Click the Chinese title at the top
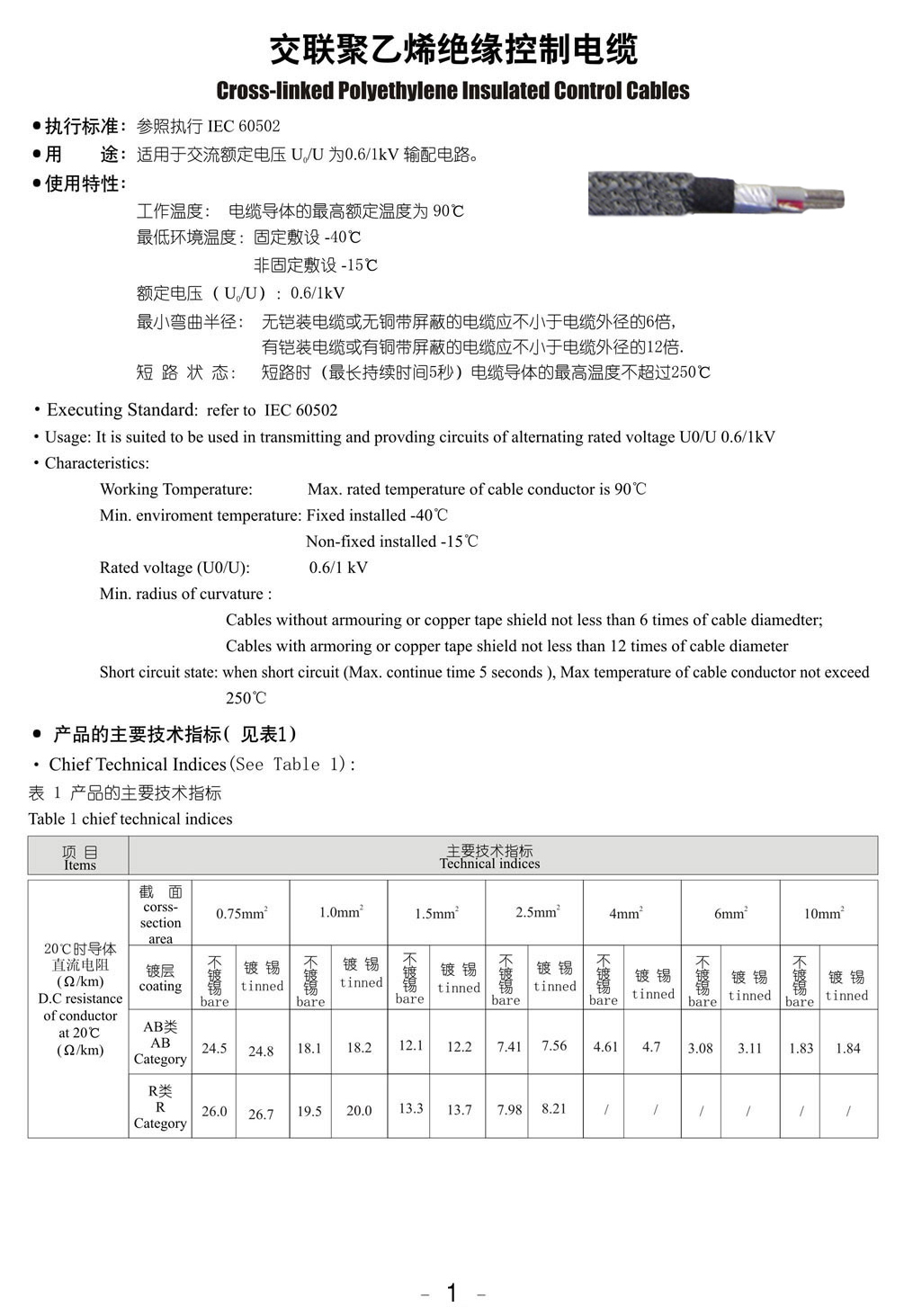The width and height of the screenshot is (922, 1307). point(453,50)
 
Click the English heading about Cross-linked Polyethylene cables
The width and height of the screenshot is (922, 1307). point(452,91)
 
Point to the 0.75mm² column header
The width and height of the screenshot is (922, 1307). point(241,913)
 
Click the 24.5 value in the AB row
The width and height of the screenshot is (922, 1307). point(214,1048)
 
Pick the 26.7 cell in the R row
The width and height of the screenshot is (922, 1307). point(261,1114)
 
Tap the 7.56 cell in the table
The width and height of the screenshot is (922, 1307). point(554,1045)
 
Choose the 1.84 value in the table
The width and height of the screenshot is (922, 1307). point(847,1048)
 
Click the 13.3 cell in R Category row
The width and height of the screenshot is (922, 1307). point(411,1108)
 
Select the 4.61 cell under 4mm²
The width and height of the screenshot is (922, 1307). point(605,1047)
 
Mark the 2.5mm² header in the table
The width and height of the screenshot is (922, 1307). point(537,912)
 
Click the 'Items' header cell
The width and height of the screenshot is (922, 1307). point(79,857)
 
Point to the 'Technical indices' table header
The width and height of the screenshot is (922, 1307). point(489,856)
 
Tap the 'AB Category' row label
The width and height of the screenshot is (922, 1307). point(160,1043)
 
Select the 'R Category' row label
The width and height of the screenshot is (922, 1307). point(160,1107)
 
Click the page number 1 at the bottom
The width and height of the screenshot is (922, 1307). point(452,1293)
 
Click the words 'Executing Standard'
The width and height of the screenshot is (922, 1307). point(121,410)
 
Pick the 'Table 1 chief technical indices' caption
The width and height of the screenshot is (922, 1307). point(130,819)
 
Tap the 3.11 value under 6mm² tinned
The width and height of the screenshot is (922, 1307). point(749,1048)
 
